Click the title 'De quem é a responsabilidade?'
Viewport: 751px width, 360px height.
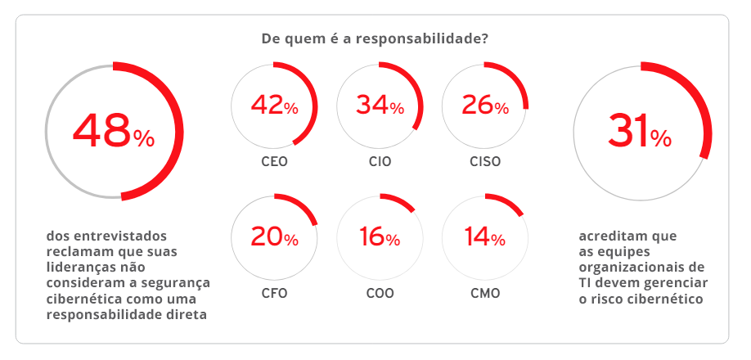[x=375, y=38]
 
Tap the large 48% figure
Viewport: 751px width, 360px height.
[x=113, y=131]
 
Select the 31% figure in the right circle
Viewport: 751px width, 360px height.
[x=639, y=131]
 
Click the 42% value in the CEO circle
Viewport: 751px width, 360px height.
[x=274, y=105]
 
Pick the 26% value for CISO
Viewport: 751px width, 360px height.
[x=485, y=105]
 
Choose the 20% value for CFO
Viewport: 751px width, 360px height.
[x=274, y=237]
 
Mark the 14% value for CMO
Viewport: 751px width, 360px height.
[x=485, y=237]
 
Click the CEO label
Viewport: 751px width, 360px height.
[x=274, y=161]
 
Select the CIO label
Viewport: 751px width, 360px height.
[x=380, y=161]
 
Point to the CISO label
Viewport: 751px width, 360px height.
[x=485, y=161]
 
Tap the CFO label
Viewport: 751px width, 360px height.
[x=274, y=293]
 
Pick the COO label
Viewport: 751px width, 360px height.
[x=380, y=293]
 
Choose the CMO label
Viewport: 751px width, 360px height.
[x=485, y=293]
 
